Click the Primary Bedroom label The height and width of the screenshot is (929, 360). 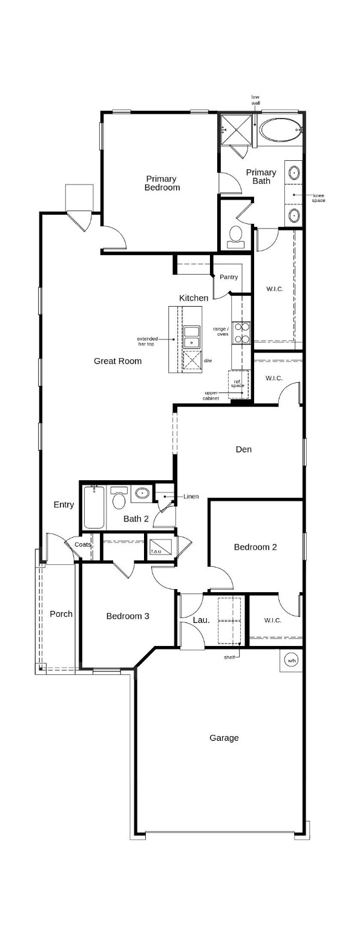(x=162, y=183)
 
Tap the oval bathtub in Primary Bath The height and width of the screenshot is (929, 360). (x=279, y=129)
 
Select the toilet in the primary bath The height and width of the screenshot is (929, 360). (x=235, y=236)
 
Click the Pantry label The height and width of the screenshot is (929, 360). (x=229, y=277)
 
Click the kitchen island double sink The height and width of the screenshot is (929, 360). (x=192, y=336)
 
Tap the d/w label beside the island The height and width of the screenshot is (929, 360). (x=208, y=360)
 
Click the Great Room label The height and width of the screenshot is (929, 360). (x=117, y=361)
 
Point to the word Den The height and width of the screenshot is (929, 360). (x=243, y=449)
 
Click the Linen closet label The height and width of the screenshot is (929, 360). (x=191, y=497)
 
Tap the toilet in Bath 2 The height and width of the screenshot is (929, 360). (x=119, y=499)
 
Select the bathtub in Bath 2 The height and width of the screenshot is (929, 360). (x=95, y=507)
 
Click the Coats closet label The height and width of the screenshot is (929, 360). (x=82, y=544)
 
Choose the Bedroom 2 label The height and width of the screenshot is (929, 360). (x=255, y=547)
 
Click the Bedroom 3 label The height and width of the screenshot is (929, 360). (x=128, y=616)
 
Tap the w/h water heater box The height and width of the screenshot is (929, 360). (x=292, y=660)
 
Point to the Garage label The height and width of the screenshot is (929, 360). (x=224, y=738)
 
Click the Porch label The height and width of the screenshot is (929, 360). (x=61, y=614)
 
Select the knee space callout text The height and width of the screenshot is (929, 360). (x=318, y=198)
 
